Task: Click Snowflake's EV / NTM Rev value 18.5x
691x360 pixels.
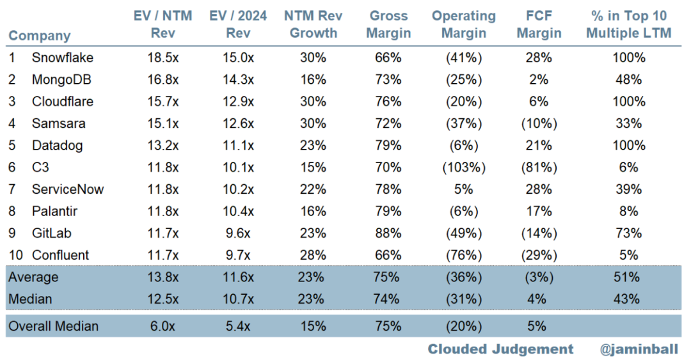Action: coord(163,58)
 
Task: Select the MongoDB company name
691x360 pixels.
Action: coord(61,80)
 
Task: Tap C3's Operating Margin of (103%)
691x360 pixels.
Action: coord(464,168)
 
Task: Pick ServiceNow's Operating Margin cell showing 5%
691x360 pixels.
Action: coord(464,189)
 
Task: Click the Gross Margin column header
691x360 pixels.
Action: coord(388,24)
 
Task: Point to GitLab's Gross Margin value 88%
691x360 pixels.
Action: coord(388,233)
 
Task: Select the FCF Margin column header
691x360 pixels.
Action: coord(539,24)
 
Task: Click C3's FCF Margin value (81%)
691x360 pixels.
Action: coord(539,168)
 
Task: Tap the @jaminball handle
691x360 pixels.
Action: coord(639,349)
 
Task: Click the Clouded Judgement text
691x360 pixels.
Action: coord(500,349)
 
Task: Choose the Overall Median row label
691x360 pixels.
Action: coord(53,326)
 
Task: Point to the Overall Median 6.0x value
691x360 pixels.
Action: coord(163,326)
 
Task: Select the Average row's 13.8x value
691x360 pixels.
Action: coord(163,277)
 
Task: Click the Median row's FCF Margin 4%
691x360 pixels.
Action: coord(537,299)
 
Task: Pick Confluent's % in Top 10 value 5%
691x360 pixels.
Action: coord(629,255)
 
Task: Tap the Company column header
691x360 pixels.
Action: coord(40,36)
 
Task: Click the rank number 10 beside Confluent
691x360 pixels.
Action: coord(16,255)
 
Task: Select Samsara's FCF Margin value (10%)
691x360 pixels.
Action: coord(539,124)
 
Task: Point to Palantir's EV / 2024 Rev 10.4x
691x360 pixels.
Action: coord(238,212)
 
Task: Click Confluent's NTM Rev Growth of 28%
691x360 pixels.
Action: coord(313,255)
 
